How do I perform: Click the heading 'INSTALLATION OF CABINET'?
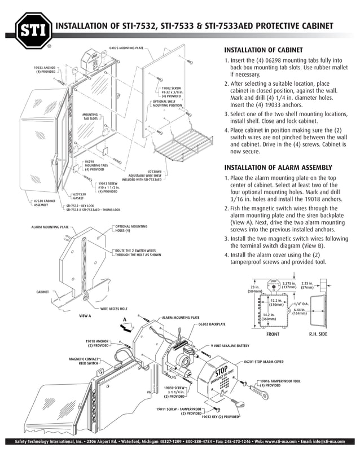coord(264,50)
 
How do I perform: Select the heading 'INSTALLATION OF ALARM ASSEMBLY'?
coord(279,168)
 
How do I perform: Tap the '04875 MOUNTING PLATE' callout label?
coord(126,49)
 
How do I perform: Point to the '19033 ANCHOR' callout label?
coord(46,69)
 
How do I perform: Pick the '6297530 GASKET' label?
coord(80,196)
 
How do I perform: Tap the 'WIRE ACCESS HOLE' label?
coord(114,309)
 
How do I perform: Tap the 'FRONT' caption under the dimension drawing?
coord(273,335)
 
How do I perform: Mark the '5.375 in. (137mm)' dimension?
coord(289,285)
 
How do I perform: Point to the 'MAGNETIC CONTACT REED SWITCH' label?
coord(84,361)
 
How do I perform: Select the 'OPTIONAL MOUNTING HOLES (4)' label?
coord(130,228)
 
